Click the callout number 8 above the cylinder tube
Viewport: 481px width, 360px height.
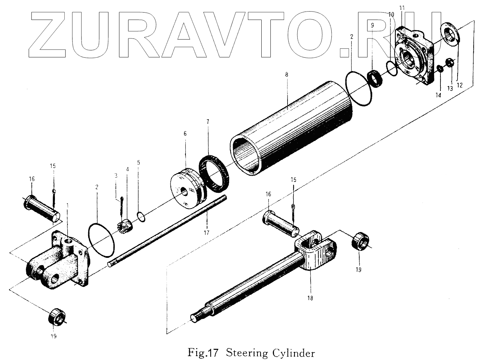pyautogui.click(x=287, y=75)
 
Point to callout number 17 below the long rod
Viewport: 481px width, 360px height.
pyautogui.click(x=206, y=232)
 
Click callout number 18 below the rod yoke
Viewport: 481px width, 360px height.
pyautogui.click(x=310, y=298)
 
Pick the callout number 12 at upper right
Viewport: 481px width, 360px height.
pyautogui.click(x=460, y=85)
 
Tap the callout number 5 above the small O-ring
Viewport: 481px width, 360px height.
pyautogui.click(x=139, y=162)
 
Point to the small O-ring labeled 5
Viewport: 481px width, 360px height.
pyautogui.click(x=141, y=217)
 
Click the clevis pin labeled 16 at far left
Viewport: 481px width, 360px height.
pyautogui.click(x=41, y=208)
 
